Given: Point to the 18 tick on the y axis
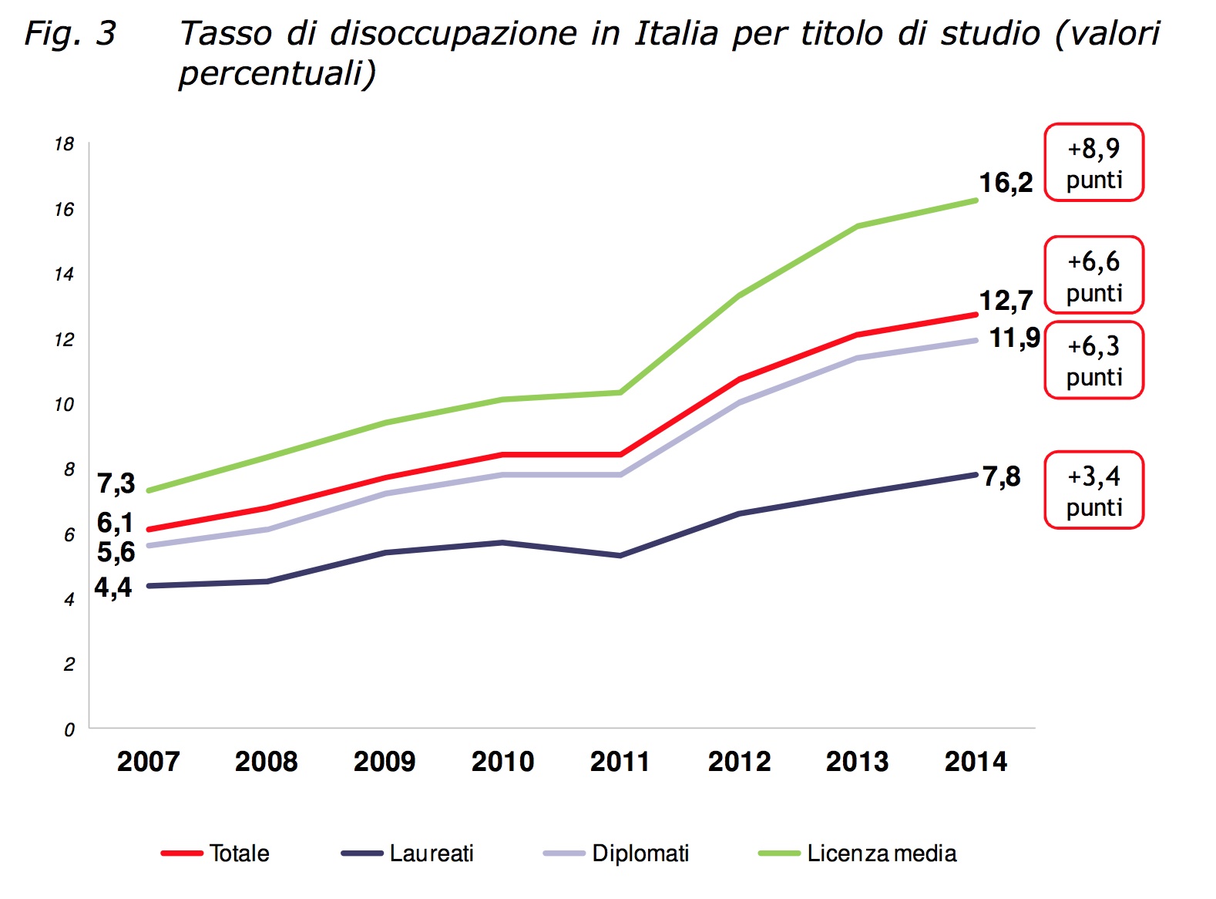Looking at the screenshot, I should coord(65,144).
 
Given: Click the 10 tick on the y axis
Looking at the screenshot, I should coord(65,405).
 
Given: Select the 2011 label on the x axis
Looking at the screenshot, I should coord(620,762).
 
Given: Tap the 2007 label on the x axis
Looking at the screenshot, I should coord(148,762).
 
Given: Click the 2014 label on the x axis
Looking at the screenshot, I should coord(976,762).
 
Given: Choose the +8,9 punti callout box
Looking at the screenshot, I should coord(1093,163).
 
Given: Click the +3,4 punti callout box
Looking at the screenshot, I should coord(1093,490).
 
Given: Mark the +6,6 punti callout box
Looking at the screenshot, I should coord(1093,275).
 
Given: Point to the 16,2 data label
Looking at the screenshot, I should coord(1006,183).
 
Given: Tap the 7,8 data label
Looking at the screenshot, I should coord(1001,476).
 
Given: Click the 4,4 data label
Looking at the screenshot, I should coord(113,588).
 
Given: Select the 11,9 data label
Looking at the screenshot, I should coord(1015,338).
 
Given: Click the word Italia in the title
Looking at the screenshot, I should coord(675,33).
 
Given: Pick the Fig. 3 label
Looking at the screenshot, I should coord(70,33).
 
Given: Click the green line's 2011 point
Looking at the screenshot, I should coord(620,392).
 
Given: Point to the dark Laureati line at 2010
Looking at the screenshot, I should coord(502,543).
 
